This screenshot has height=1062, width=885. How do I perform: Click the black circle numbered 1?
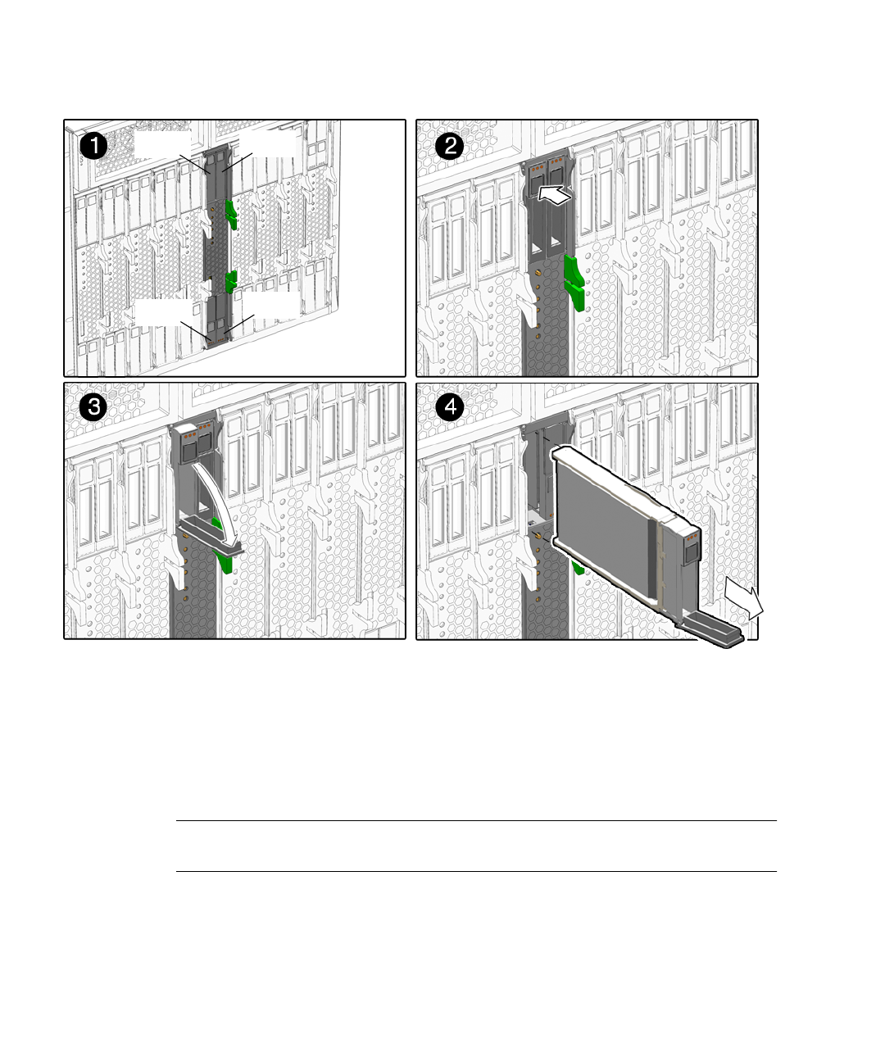pyautogui.click(x=93, y=146)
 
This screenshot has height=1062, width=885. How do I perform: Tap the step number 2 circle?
pyautogui.click(x=450, y=146)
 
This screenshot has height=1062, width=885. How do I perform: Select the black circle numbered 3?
pyautogui.click(x=93, y=408)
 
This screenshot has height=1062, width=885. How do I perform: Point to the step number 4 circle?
pyautogui.click(x=450, y=408)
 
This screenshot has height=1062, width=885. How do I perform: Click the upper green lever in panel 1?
pyautogui.click(x=231, y=214)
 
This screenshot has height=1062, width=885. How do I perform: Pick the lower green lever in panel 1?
pyautogui.click(x=231, y=281)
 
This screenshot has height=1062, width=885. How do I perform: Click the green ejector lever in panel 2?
pyautogui.click(x=574, y=282)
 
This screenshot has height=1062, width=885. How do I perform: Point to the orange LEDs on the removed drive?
pyautogui.click(x=691, y=537)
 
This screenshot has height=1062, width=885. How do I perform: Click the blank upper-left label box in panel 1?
pyautogui.click(x=163, y=143)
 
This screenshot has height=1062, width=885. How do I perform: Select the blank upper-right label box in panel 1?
pyautogui.click(x=268, y=143)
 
